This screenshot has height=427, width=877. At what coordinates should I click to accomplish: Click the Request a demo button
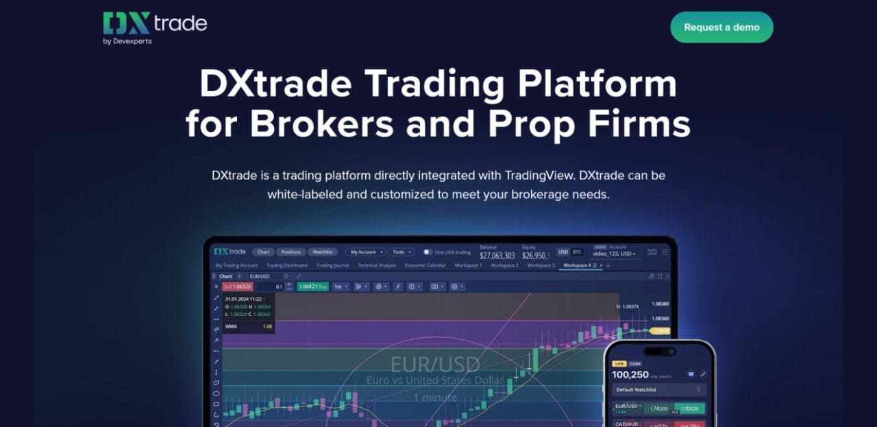721,27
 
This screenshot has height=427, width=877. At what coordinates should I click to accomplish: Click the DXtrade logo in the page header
155,27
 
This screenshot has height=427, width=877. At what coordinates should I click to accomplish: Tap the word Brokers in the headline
321,124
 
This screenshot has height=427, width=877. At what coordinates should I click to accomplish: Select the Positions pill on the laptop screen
291,252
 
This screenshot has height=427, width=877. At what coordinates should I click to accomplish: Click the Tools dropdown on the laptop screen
401,252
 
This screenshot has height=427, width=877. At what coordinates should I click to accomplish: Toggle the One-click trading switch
428,252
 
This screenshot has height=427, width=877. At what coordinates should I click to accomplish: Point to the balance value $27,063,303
497,256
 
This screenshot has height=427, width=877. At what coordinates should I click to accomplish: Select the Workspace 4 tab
576,265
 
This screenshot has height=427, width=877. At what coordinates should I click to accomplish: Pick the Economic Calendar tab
425,265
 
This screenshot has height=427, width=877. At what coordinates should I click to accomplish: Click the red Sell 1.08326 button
238,286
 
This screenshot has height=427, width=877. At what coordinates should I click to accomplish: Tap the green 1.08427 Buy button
312,286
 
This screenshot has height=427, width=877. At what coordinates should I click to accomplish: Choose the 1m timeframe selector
340,286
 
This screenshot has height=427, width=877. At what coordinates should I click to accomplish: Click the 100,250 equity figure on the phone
630,374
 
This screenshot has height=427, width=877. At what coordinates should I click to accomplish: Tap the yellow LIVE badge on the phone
619,363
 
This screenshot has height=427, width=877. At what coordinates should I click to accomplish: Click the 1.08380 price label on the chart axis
660,304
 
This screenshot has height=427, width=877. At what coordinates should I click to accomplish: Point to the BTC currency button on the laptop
577,252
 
